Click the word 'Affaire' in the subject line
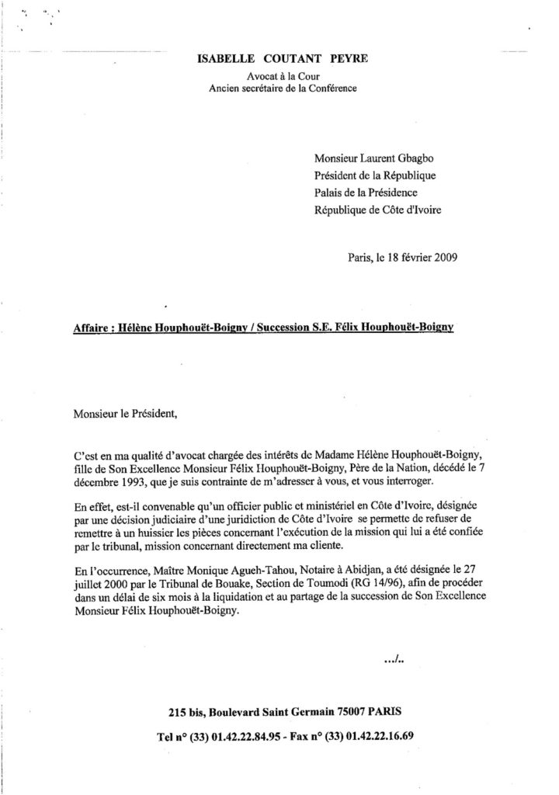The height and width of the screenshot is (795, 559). pyautogui.click(x=91, y=328)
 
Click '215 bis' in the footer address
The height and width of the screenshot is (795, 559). pyautogui.click(x=188, y=712)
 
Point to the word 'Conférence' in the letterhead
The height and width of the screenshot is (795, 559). pyautogui.click(x=333, y=90)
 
